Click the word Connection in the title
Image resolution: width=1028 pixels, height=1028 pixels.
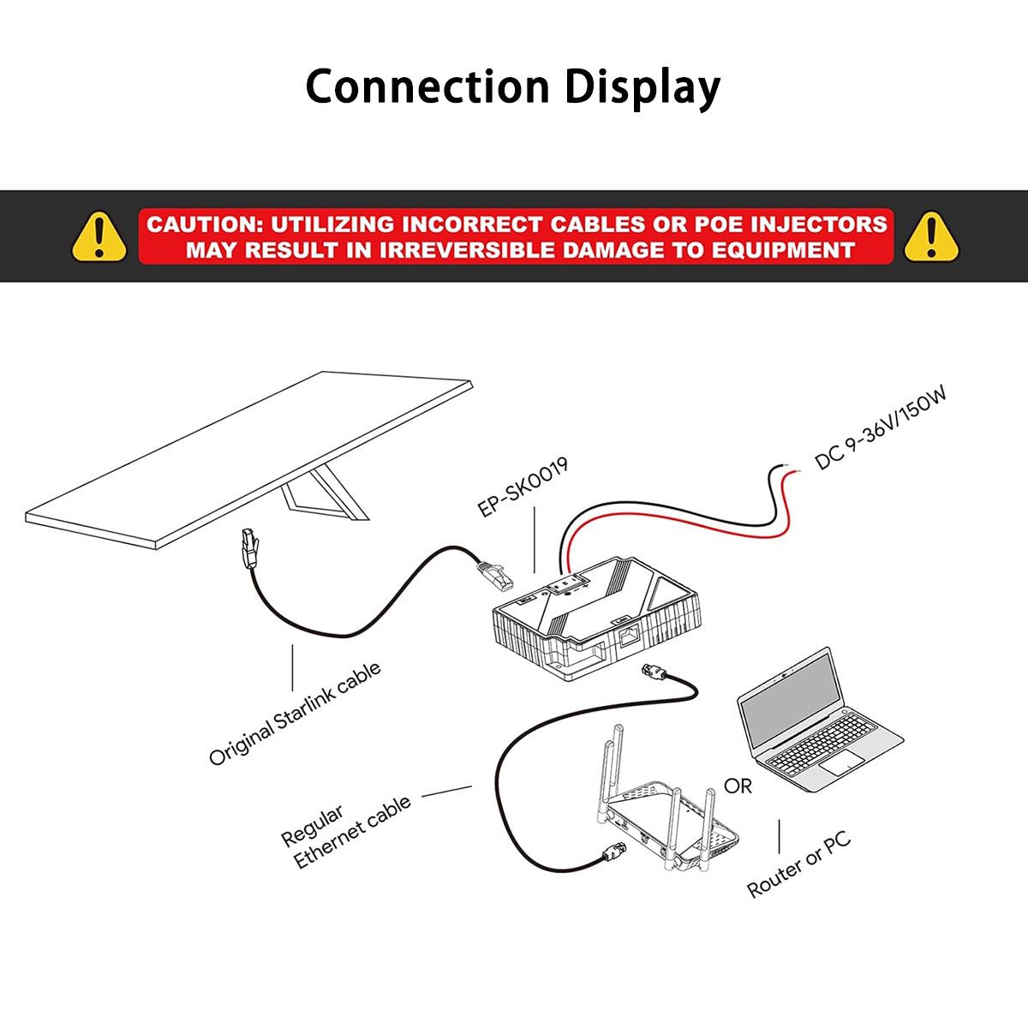tap(427, 87)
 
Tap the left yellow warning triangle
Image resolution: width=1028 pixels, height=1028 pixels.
tap(99, 236)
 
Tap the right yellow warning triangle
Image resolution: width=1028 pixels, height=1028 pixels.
tap(931, 236)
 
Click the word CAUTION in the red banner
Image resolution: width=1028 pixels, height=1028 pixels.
tap(202, 224)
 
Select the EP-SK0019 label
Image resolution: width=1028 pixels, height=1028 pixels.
tap(523, 487)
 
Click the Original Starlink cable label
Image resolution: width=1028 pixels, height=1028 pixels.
tap(295, 714)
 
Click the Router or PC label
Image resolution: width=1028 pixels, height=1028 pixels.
tap(799, 864)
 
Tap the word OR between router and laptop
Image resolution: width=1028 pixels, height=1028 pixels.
tap(738, 786)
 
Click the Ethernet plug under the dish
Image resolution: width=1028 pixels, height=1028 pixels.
tap(248, 548)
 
